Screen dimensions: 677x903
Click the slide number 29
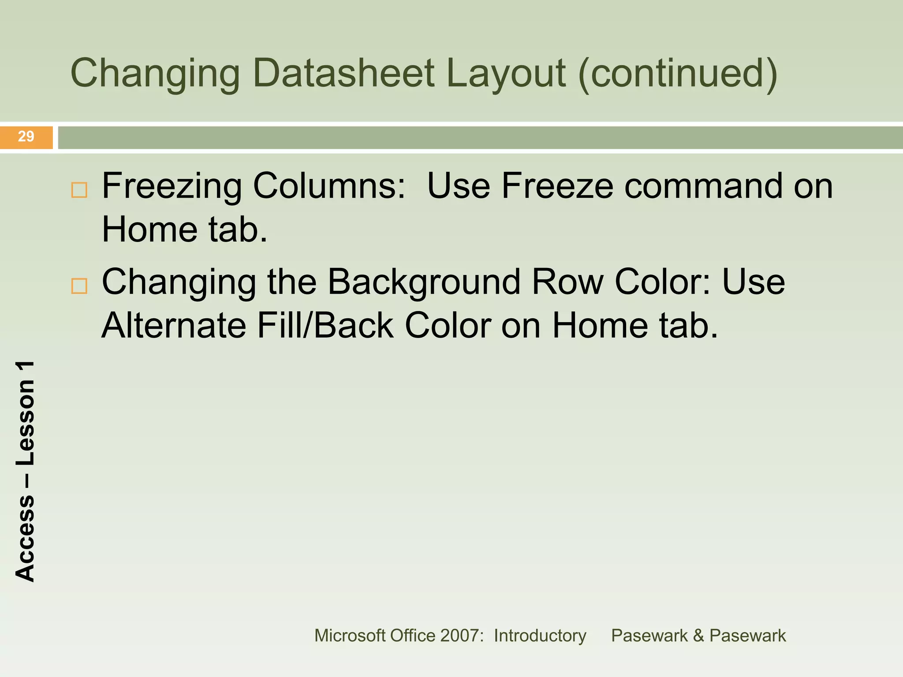(x=26, y=137)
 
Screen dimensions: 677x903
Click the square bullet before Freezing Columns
(x=79, y=190)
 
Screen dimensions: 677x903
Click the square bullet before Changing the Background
(x=79, y=286)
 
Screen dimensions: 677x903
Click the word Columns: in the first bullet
(x=329, y=186)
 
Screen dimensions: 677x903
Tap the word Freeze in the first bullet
(x=557, y=186)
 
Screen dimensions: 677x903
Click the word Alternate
(x=174, y=325)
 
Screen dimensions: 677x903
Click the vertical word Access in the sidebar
(x=25, y=538)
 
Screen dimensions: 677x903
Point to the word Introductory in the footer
(x=540, y=636)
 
